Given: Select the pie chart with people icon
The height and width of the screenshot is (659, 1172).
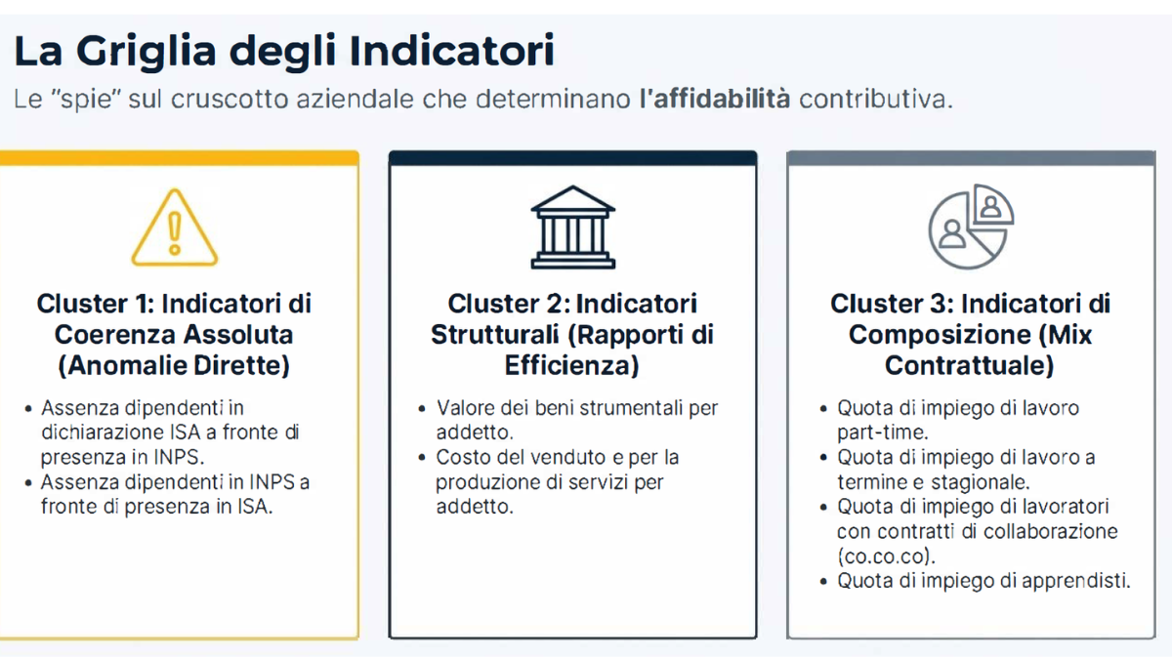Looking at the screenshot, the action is pyautogui.click(x=971, y=227).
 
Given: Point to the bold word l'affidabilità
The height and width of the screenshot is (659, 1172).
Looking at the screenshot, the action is pyautogui.click(x=715, y=99).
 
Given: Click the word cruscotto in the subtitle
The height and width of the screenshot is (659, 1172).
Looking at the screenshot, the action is pyautogui.click(x=230, y=100).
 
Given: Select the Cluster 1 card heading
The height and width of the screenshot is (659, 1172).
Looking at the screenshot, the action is pyautogui.click(x=174, y=334).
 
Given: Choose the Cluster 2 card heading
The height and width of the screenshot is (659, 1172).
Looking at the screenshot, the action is pyautogui.click(x=572, y=334).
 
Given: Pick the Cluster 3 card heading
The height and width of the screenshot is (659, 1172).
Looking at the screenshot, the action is pyautogui.click(x=971, y=334).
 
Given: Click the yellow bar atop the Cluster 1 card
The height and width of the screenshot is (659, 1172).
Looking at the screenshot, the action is pyautogui.click(x=180, y=158).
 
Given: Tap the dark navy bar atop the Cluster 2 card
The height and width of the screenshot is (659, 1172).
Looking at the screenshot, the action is pyautogui.click(x=573, y=158).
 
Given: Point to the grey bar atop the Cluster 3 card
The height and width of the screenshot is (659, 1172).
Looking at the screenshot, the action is pyautogui.click(x=971, y=158).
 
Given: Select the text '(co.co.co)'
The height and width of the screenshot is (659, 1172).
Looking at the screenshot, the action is pyautogui.click(x=886, y=556).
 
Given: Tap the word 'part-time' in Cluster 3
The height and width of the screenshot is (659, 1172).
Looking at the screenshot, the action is pyautogui.click(x=882, y=432).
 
